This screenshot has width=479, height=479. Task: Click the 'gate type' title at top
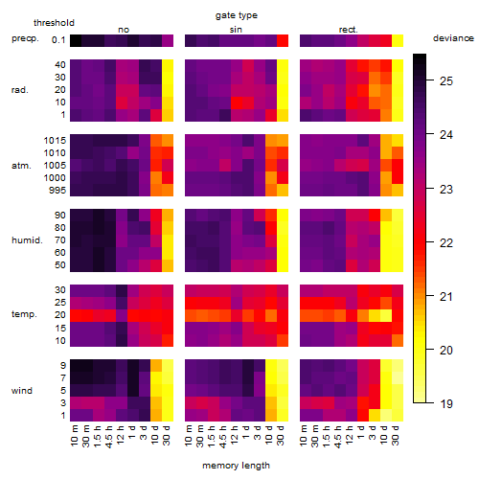click(x=237, y=15)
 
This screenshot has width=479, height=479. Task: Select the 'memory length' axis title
click(x=236, y=466)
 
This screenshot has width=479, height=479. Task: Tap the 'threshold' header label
click(x=54, y=23)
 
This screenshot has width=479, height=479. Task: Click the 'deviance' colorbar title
click(x=453, y=38)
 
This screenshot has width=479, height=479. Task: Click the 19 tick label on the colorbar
click(x=446, y=404)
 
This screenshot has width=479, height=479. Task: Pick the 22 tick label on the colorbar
click(x=446, y=243)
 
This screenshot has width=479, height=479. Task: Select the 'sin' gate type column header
click(x=236, y=30)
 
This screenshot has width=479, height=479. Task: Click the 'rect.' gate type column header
click(x=349, y=30)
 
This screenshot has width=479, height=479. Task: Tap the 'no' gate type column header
click(x=124, y=30)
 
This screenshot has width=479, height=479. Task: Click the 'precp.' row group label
click(x=25, y=38)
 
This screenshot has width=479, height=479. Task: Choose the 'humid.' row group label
click(x=27, y=240)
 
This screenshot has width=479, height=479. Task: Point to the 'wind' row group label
click(x=22, y=391)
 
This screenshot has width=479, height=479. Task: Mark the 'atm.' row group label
click(x=21, y=166)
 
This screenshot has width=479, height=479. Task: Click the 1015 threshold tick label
click(x=55, y=141)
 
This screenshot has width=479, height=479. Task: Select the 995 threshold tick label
click(x=57, y=191)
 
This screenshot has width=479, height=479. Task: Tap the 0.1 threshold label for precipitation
click(x=58, y=40)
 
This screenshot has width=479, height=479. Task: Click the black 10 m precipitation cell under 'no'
click(x=76, y=41)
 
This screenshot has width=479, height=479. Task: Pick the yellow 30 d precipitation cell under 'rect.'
click(x=398, y=41)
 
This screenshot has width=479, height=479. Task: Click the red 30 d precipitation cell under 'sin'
click(x=283, y=41)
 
